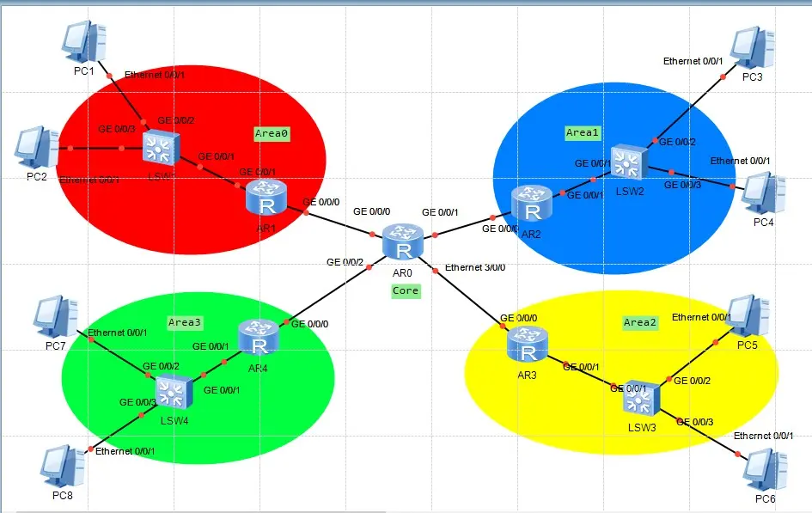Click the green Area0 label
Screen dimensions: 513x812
pos(272,133)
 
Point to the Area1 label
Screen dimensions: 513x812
pos(582,132)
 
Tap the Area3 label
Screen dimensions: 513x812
pos(185,322)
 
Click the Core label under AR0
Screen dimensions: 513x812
pos(406,290)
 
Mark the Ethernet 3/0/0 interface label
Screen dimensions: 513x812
pos(475,267)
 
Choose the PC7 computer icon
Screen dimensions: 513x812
pos(57,317)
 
